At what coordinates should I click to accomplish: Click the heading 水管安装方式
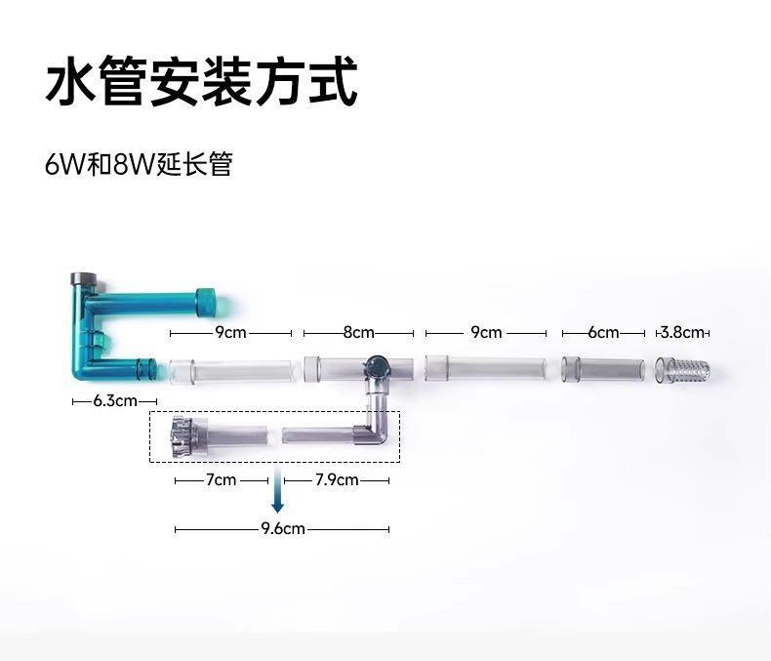click(x=201, y=83)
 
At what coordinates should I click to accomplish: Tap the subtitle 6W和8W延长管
click(x=139, y=163)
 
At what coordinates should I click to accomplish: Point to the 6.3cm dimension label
click(x=114, y=401)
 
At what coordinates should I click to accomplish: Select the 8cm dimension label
click(x=358, y=332)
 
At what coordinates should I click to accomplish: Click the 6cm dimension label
click(x=603, y=332)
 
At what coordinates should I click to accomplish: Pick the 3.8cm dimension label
click(x=684, y=332)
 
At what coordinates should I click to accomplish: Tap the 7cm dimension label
click(x=221, y=480)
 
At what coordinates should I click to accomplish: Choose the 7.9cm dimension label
click(x=336, y=480)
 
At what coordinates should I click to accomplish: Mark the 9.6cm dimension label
click(x=283, y=529)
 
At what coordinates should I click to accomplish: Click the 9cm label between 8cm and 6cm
click(x=486, y=332)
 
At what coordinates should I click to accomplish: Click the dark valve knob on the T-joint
click(x=374, y=368)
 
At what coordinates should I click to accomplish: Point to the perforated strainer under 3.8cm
click(x=687, y=370)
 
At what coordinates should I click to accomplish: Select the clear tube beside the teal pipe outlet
click(x=230, y=371)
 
